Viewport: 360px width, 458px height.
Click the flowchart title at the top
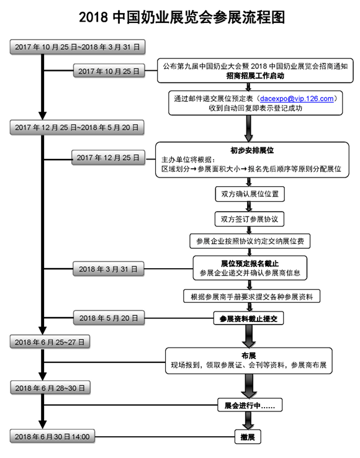182,17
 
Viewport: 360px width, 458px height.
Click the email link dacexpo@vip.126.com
297,99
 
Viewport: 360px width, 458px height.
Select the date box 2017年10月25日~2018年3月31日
78,47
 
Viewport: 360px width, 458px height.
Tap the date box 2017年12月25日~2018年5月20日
77,127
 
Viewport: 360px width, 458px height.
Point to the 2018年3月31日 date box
109,269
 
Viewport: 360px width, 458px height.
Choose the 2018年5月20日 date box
109,318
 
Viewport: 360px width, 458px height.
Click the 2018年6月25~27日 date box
50,342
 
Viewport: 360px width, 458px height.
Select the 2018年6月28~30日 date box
50,388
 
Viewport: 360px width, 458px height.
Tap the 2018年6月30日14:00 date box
52,436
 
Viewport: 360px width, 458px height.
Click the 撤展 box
248,437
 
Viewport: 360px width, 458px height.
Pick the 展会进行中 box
250,405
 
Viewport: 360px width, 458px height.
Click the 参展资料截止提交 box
249,318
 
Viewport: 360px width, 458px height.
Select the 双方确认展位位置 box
250,194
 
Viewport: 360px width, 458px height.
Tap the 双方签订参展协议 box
250,219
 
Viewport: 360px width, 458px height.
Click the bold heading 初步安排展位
252,150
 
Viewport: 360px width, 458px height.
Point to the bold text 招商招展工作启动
255,76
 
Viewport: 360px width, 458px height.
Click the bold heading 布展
249,355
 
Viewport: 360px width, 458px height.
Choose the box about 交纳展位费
250,241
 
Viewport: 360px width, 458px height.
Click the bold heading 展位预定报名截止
250,264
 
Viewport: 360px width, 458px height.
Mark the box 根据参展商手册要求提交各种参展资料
251,297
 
